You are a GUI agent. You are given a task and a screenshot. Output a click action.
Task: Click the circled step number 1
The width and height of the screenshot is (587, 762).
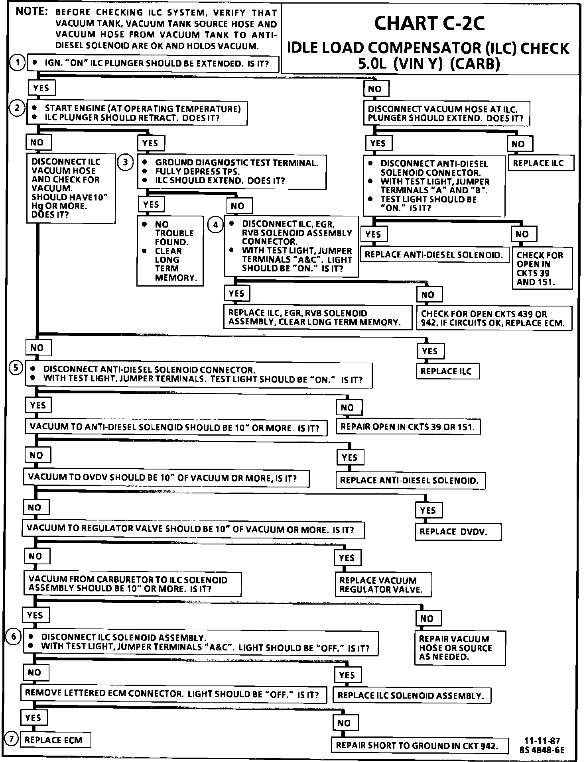click(17, 63)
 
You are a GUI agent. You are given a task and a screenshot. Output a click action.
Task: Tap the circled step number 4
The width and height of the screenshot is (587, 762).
click(215, 225)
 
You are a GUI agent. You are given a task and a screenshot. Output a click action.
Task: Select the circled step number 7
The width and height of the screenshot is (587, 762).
click(12, 740)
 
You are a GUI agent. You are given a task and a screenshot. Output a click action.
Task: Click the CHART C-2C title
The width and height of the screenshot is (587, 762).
click(429, 23)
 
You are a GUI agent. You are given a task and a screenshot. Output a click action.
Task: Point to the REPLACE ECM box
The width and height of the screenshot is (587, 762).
click(55, 740)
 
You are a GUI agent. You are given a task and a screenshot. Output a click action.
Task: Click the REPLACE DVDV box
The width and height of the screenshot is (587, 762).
click(457, 532)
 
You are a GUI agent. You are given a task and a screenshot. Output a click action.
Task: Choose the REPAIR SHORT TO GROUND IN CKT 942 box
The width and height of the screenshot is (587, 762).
click(420, 745)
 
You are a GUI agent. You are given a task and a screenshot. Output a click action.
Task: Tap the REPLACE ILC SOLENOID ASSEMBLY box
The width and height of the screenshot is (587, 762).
click(411, 695)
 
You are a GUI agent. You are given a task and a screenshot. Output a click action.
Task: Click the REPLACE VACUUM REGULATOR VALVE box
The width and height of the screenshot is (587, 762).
click(383, 585)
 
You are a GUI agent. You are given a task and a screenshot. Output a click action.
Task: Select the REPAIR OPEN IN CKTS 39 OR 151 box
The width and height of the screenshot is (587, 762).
click(408, 427)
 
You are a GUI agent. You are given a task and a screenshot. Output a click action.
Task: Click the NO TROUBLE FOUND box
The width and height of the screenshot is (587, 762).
click(170, 251)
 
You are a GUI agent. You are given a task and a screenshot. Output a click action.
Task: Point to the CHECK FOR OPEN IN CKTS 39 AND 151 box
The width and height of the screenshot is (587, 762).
click(542, 268)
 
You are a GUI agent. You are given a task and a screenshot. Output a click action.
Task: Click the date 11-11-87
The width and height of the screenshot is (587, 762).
click(542, 741)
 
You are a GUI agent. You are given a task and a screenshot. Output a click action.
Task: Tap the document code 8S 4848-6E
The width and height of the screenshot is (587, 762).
click(542, 750)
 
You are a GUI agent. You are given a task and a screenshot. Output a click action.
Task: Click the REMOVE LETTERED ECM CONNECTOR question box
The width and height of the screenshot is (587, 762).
click(173, 694)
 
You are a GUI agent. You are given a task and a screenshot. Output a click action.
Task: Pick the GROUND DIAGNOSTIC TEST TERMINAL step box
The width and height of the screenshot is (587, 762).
click(232, 172)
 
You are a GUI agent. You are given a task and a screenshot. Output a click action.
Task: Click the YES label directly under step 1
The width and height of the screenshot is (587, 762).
click(41, 88)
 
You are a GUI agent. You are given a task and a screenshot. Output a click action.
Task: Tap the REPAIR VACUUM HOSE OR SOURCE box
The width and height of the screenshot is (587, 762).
click(460, 648)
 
